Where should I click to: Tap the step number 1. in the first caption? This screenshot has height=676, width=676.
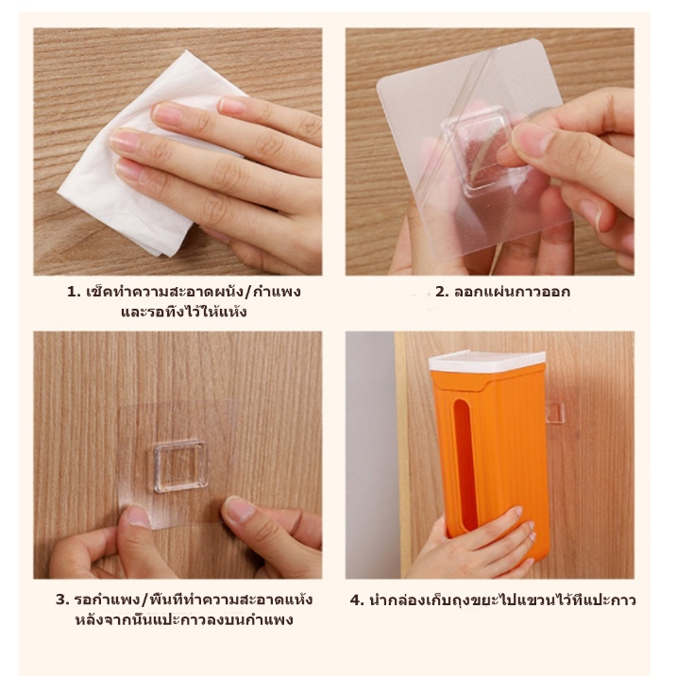(75, 293)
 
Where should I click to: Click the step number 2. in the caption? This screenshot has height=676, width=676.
(443, 293)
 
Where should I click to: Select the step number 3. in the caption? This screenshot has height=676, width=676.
(62, 600)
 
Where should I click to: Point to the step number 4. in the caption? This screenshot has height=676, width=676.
(358, 600)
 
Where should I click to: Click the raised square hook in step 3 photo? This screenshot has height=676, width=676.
(181, 466)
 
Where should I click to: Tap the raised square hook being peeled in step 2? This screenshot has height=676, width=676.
(486, 149)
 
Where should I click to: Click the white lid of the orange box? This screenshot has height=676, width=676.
(487, 362)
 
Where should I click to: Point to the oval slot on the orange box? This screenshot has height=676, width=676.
(465, 464)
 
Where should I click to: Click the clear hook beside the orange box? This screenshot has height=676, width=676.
(555, 413)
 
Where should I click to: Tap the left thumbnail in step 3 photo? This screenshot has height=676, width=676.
(139, 516)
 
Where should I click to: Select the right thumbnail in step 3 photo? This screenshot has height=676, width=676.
(240, 509)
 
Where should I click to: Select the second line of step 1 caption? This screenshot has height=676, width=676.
(184, 312)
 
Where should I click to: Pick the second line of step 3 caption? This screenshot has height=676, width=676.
(184, 619)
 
